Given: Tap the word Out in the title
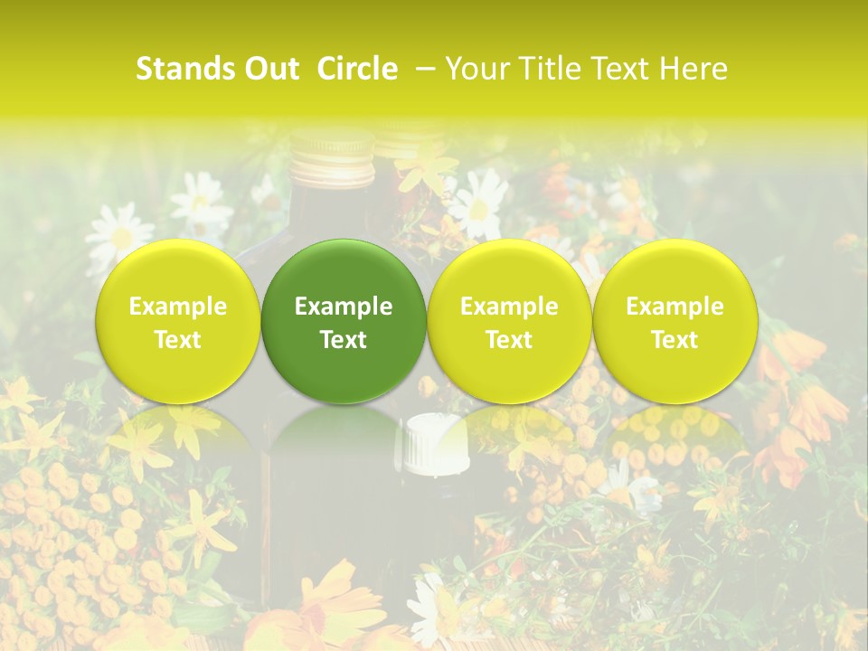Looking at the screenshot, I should tap(271, 69).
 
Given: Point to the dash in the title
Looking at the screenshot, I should tap(422, 69).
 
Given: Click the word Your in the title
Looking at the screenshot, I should tap(475, 69).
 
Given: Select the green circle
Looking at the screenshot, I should tap(344, 321).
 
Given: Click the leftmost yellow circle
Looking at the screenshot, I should tap(178, 321).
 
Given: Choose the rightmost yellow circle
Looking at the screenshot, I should tap(675, 321).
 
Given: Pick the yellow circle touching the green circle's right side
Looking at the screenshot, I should tap(509, 321).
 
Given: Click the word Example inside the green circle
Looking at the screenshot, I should tap(344, 307).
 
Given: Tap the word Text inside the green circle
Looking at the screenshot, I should tap(344, 340).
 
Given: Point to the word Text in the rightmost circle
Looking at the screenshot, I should tap(675, 340).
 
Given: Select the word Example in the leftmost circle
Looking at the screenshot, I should tap(178, 307).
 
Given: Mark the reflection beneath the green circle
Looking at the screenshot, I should tap(344, 429).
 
